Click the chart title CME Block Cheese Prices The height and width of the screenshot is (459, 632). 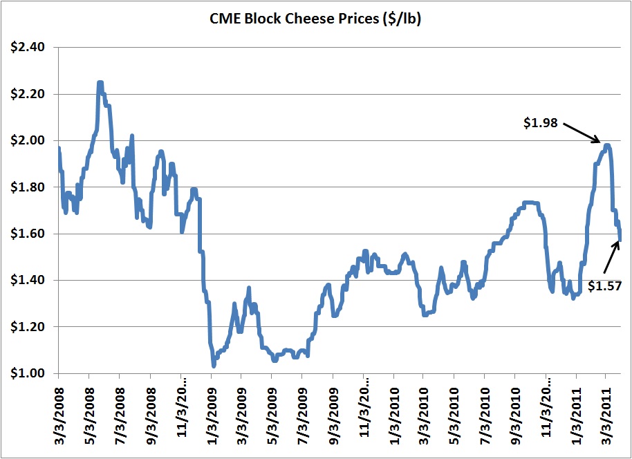[x=315, y=20]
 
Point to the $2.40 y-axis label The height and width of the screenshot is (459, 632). [x=26, y=47]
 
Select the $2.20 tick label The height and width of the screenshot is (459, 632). [x=26, y=94]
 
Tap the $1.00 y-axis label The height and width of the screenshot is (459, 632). [x=26, y=373]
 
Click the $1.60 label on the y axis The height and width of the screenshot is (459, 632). [x=26, y=234]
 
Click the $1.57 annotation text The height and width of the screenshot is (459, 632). [x=604, y=284]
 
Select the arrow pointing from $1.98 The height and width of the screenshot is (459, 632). [x=582, y=133]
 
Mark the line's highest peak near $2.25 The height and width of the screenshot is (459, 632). [x=100, y=82]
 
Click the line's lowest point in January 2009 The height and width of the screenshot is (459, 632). [x=214, y=365]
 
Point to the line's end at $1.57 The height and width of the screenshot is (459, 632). [x=620, y=239]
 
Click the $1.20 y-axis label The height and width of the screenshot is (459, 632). [x=26, y=327]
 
